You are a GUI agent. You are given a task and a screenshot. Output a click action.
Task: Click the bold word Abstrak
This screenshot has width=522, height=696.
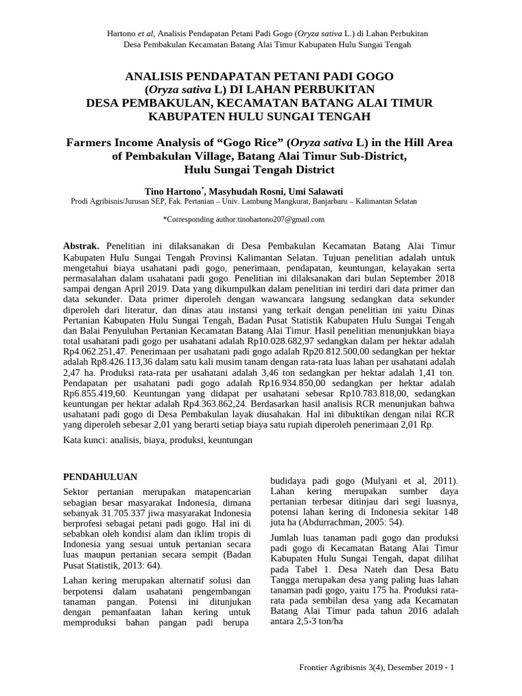coord(81,245)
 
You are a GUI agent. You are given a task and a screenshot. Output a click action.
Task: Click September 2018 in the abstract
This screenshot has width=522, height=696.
coord(417,278)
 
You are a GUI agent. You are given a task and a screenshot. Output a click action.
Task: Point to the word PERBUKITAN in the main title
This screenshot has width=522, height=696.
coord(328,88)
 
